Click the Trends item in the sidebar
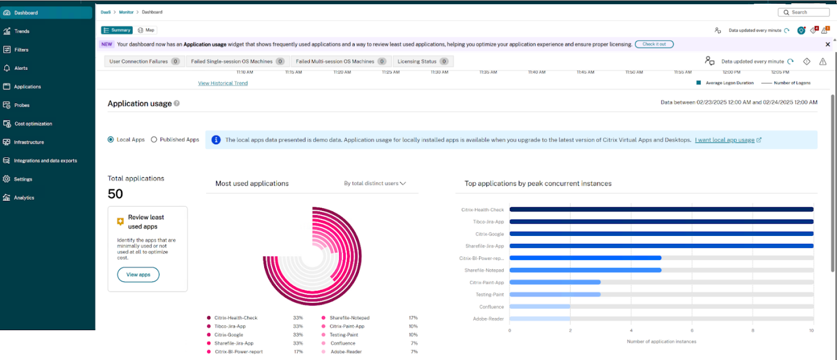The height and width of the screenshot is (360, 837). [22, 31]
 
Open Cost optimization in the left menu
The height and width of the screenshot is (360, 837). [33, 124]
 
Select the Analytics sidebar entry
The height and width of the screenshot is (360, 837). [24, 198]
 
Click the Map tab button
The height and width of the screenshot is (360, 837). [146, 30]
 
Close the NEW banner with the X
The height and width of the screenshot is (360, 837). [828, 44]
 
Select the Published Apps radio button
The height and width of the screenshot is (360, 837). [154, 140]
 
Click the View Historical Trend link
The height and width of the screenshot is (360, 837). [223, 83]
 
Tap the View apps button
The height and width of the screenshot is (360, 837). [138, 275]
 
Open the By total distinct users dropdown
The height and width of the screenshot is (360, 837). [375, 184]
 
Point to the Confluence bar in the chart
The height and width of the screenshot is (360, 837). [539, 307]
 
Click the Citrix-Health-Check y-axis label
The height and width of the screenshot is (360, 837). [482, 210]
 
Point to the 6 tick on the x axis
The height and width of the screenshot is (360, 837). [692, 331]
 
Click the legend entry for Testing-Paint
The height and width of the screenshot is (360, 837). [344, 335]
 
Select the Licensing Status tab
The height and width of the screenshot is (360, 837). [422, 62]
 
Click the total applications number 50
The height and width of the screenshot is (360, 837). [116, 194]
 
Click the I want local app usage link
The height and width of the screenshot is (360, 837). [725, 140]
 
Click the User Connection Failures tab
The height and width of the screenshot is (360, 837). [143, 62]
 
